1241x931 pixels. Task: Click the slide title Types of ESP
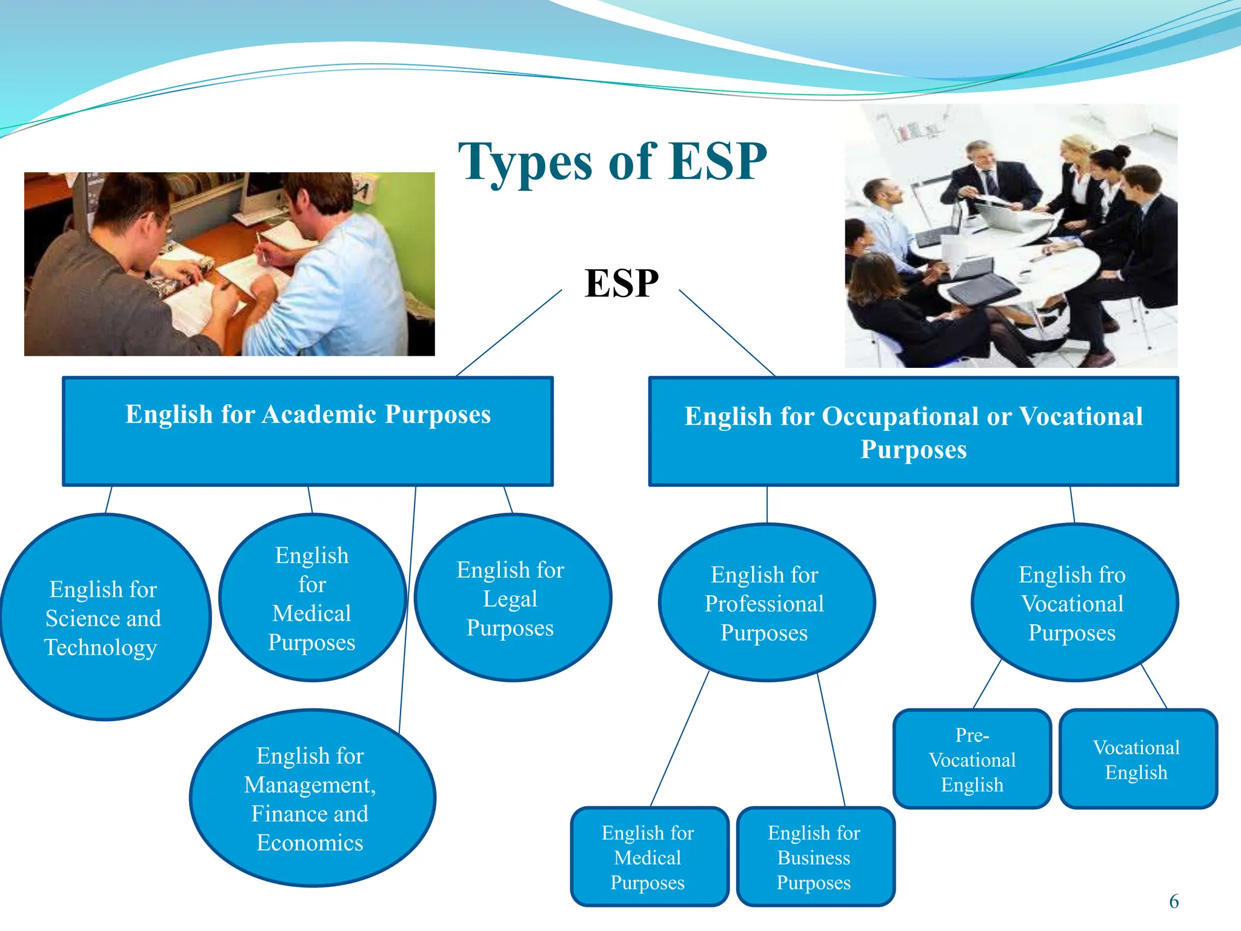pos(612,161)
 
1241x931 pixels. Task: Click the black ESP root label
pos(621,283)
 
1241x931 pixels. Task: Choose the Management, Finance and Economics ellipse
pos(311,798)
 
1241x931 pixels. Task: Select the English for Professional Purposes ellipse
pos(765,603)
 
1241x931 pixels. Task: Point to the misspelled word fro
pos(1112,575)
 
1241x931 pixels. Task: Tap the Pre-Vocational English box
pos(972,759)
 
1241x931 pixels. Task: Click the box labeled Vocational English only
pos(1137,759)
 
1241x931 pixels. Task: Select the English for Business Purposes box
pos(814,857)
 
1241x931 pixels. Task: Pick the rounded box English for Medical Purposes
pos(648,857)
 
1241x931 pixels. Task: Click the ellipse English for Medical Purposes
pos(311,598)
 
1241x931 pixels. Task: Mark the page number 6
pos(1174,901)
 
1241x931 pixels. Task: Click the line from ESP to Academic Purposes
pos(509,333)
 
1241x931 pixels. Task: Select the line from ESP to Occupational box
pos(727,333)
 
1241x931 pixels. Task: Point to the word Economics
pos(310,843)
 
